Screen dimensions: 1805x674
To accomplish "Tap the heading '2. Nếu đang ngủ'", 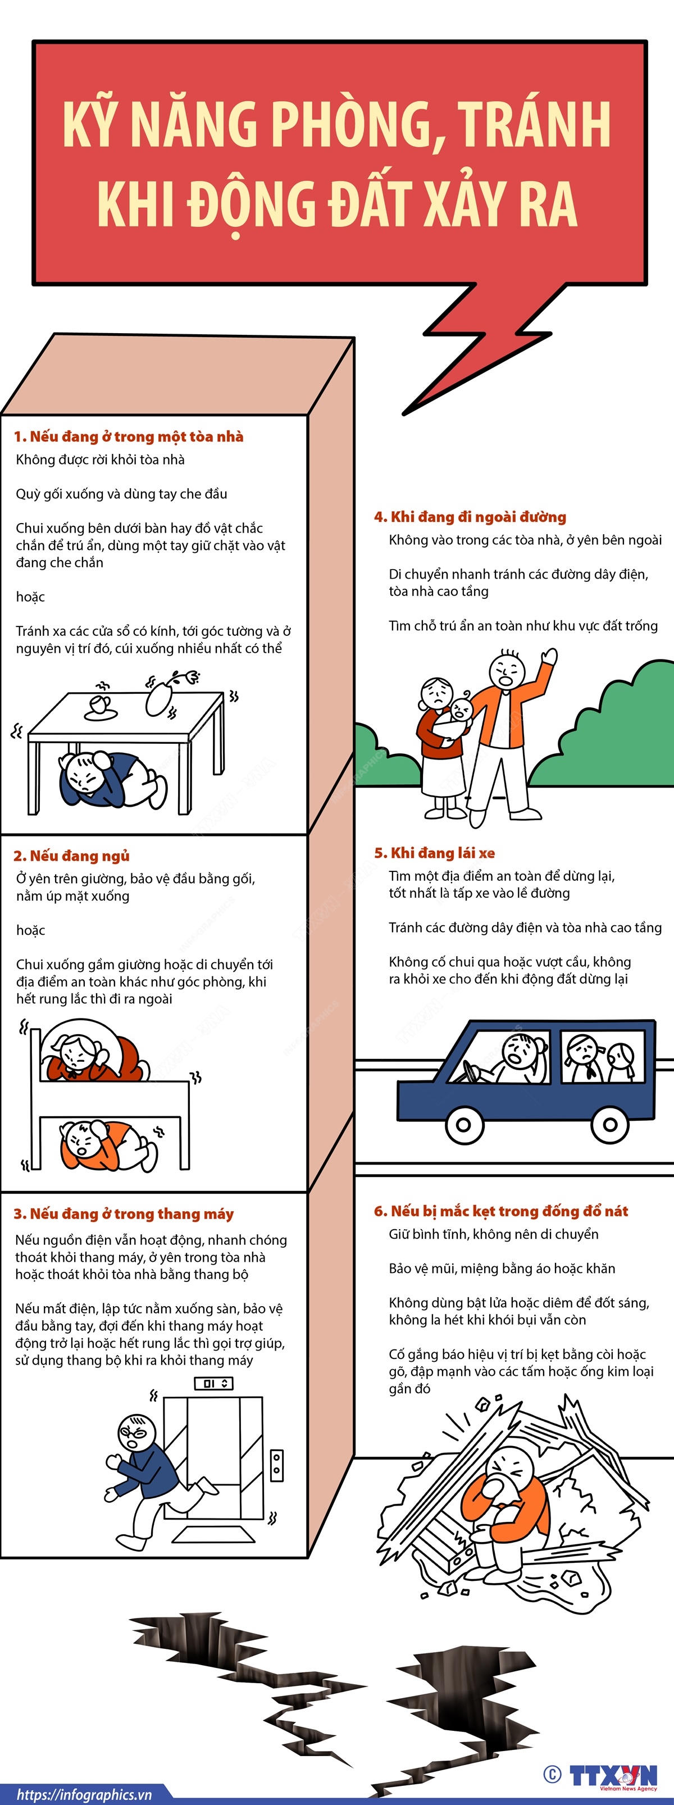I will (71, 856).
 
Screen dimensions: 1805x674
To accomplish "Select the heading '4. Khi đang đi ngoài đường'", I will (470, 517).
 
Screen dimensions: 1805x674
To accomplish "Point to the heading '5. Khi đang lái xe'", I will (434, 853).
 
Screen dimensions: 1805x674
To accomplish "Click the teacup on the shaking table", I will (100, 705).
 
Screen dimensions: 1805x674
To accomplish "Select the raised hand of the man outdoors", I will (549, 658).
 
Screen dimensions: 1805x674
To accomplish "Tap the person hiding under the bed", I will (105, 1147).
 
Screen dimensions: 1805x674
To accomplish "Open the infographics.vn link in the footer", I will (84, 1794).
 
